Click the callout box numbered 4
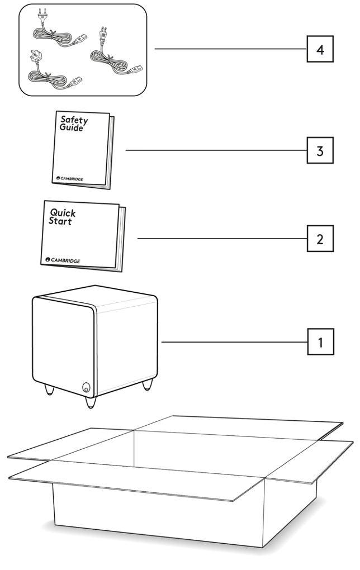[x=320, y=49]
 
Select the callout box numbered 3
[x=320, y=151]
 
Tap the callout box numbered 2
[x=320, y=239]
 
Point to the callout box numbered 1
[x=320, y=342]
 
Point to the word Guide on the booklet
[x=72, y=128]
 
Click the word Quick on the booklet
[x=63, y=213]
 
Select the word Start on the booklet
[x=60, y=221]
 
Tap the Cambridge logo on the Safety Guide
[x=70, y=179]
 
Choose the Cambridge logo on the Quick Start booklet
[x=63, y=260]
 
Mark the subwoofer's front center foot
[x=91, y=402]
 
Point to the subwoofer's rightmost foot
[x=148, y=384]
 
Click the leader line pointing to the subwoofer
[x=235, y=342]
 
